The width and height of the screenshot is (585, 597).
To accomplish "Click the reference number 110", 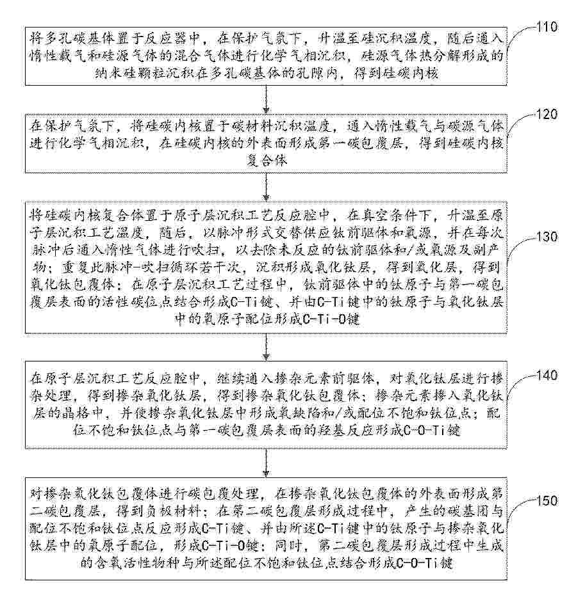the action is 547,27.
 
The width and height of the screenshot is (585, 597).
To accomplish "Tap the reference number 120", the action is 547,115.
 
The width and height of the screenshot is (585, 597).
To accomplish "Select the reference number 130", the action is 547,237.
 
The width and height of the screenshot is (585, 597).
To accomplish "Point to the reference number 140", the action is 547,376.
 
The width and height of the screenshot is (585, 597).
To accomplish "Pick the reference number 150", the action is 547,500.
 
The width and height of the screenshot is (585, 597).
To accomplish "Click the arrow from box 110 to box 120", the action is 266,100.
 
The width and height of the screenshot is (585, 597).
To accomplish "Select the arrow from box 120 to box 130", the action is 266,187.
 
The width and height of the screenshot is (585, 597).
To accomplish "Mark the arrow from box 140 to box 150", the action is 266,463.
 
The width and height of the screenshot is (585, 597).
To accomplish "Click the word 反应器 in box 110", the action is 174,38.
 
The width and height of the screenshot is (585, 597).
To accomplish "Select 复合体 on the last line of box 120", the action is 266,161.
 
